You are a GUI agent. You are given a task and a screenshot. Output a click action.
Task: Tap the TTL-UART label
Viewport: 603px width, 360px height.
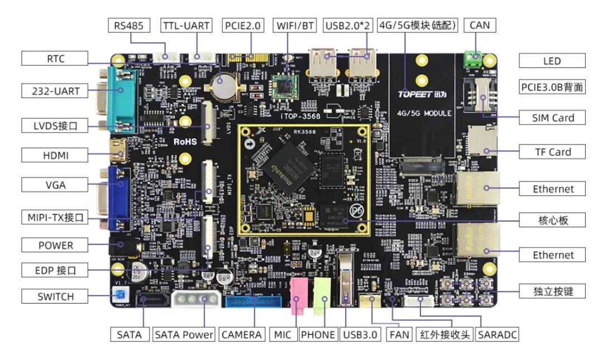186,25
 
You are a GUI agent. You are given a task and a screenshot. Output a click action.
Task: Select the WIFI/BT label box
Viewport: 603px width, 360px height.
296,25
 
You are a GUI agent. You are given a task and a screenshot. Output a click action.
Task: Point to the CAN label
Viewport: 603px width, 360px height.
480,25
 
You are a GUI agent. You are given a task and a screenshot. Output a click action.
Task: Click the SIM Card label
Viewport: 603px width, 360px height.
553,118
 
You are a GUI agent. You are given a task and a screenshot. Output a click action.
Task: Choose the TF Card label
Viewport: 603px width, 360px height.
553,152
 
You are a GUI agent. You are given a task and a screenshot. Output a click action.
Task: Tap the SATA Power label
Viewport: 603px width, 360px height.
184,334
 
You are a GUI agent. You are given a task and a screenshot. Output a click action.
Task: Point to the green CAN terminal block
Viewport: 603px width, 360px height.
472,57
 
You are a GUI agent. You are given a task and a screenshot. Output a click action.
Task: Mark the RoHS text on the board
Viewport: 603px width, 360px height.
185,142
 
